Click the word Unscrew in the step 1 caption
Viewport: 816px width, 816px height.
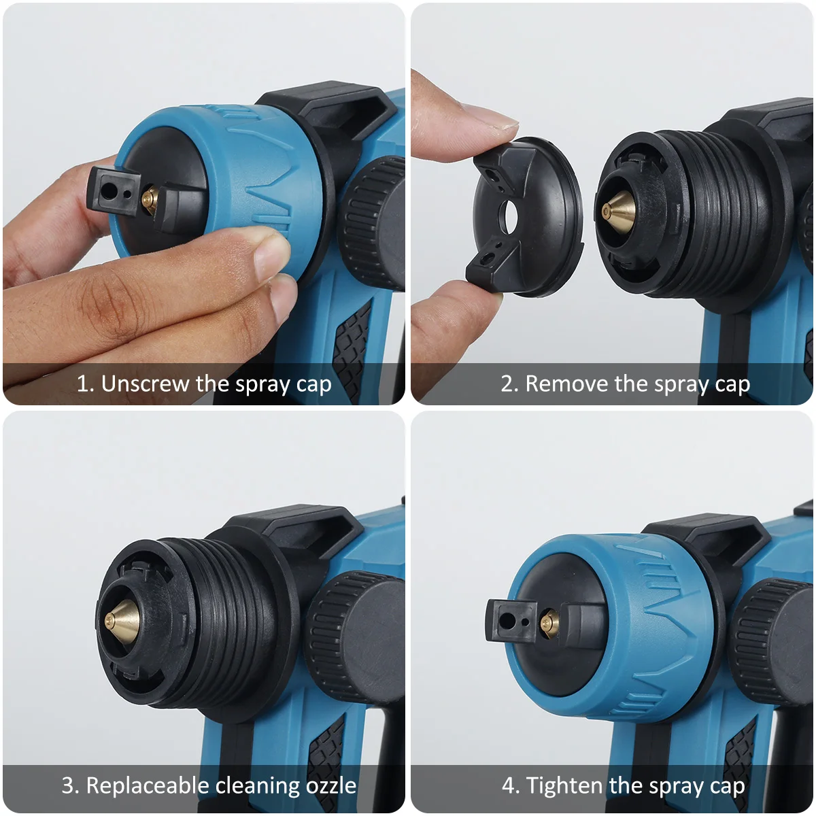pos(146,384)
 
